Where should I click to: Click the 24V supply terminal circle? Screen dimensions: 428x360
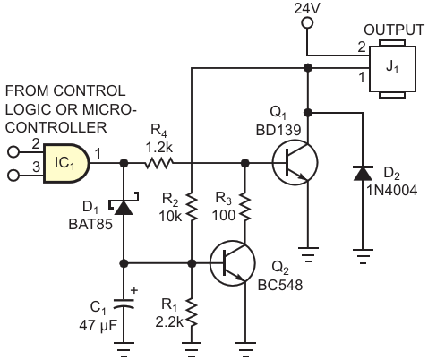[x=307, y=22]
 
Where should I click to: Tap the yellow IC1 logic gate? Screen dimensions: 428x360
[x=66, y=163]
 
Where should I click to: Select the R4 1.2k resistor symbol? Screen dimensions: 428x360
[x=159, y=163]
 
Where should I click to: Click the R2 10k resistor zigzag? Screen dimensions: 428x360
[x=192, y=207]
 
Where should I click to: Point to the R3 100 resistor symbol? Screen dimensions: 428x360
[x=245, y=207]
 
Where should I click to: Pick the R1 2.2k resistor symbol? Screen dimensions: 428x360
[x=192, y=313]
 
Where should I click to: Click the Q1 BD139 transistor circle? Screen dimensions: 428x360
[x=295, y=163]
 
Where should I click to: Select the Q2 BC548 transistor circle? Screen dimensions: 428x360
[x=233, y=263]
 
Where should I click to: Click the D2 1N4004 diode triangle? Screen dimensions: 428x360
[x=363, y=173]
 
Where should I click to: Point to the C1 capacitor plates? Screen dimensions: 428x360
[x=124, y=304]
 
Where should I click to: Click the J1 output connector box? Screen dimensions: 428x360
[x=392, y=69]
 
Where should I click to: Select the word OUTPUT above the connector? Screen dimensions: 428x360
[x=394, y=30]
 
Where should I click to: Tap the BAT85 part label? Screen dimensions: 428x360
[x=90, y=224]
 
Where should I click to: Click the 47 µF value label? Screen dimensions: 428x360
[x=98, y=325]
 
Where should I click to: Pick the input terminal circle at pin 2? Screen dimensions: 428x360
[x=13, y=152]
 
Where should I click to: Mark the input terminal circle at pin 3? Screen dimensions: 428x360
[x=13, y=176]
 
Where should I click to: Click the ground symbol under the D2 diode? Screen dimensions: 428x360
[x=363, y=256]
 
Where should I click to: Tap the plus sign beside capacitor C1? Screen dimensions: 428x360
[x=134, y=290]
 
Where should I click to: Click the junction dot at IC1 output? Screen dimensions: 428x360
[x=124, y=163]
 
